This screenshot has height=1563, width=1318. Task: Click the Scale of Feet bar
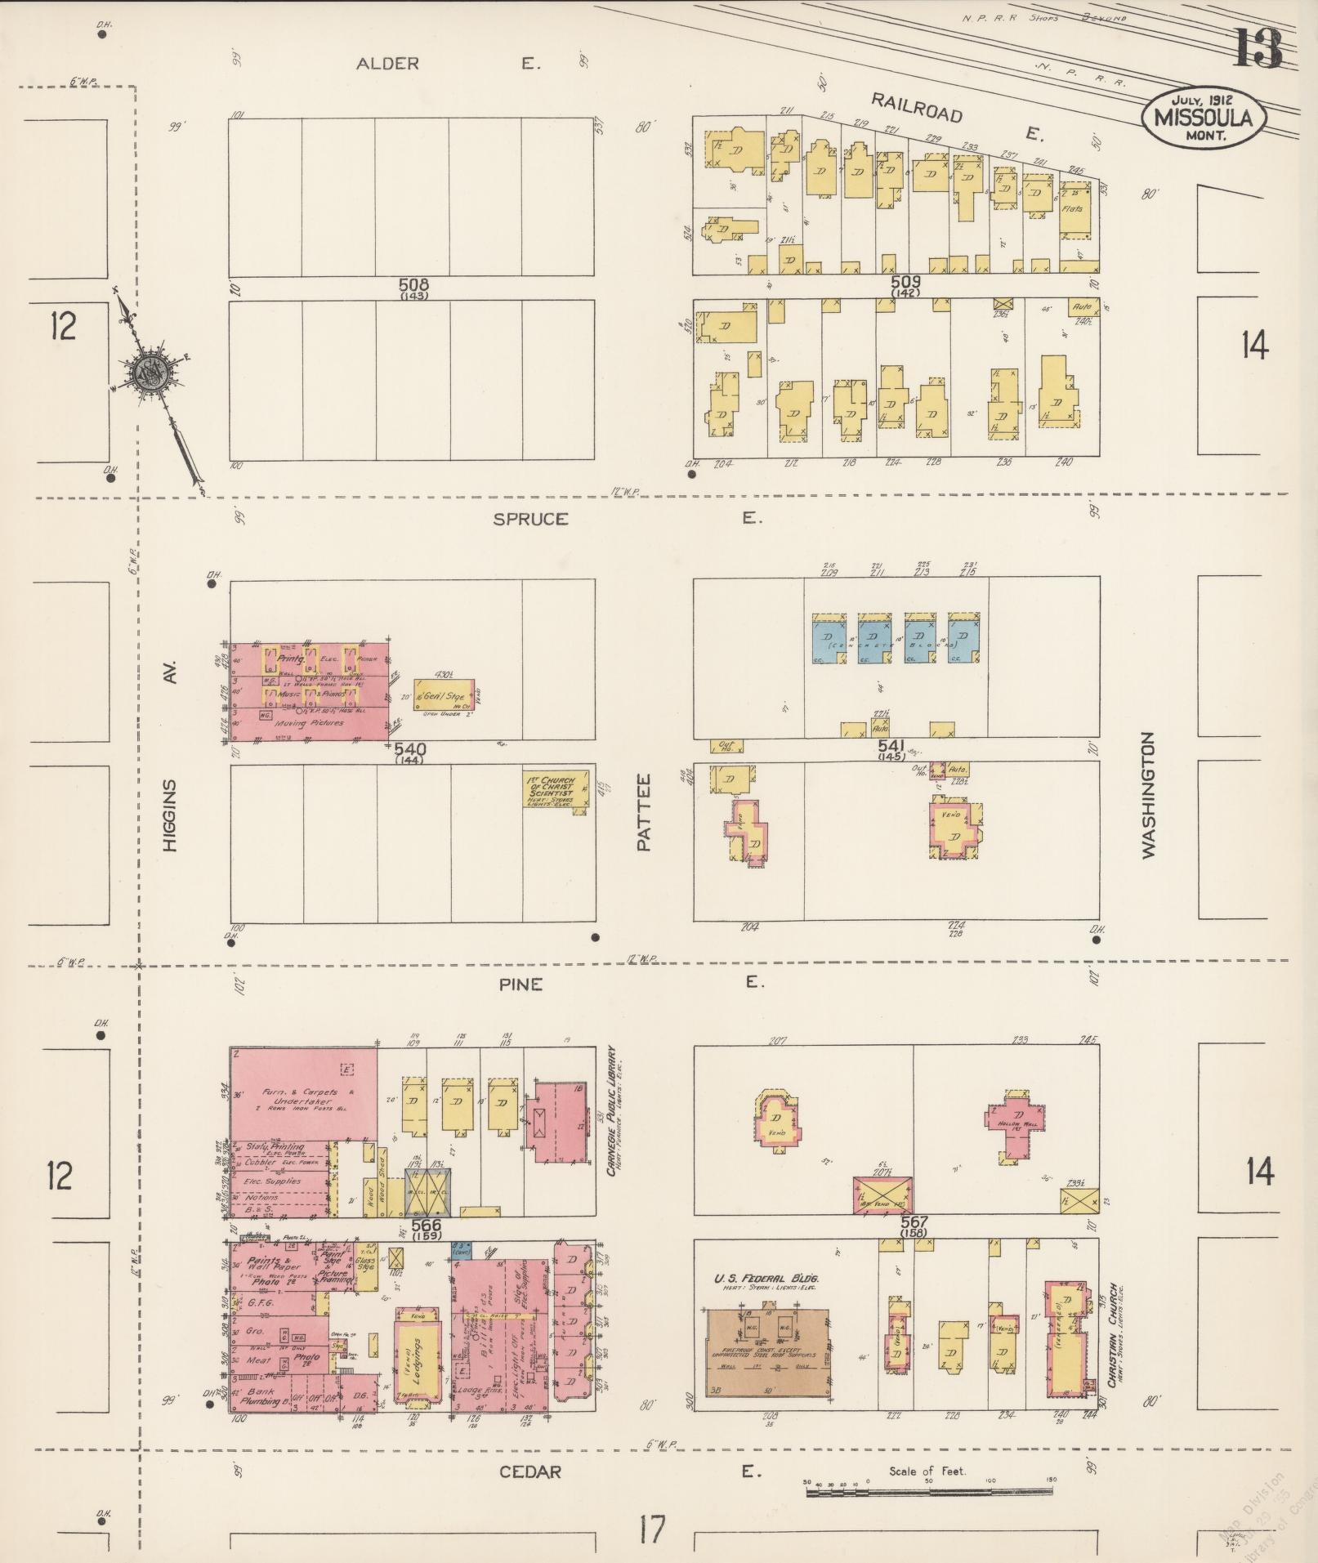click(929, 1492)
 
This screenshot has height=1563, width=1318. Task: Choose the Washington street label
click(1149, 794)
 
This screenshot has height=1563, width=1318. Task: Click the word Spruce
click(529, 519)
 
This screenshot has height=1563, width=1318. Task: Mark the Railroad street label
click(917, 108)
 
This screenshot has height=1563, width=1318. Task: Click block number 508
click(413, 285)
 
